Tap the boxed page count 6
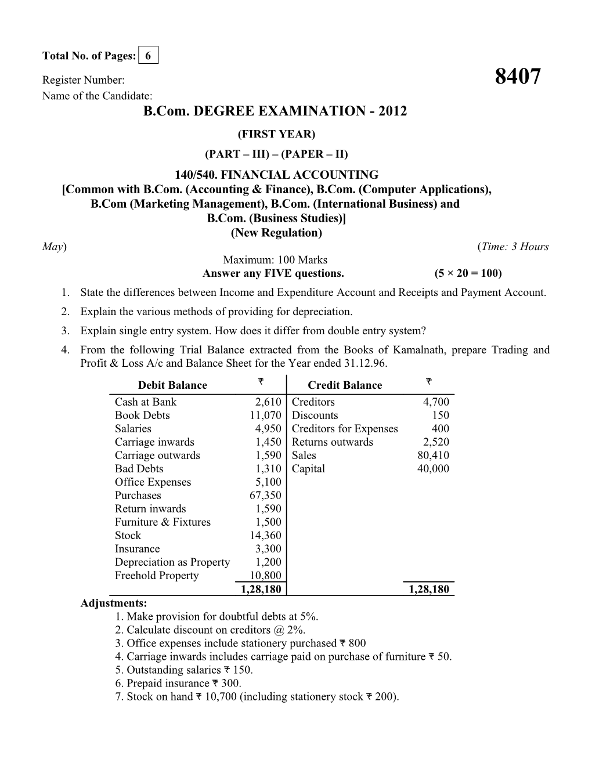tap(149, 56)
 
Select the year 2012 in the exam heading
tap(391, 111)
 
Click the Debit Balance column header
tap(172, 385)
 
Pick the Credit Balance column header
tap(345, 385)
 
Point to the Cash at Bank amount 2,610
tap(268, 402)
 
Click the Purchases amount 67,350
tap(265, 496)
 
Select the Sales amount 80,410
tap(433, 456)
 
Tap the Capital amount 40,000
tap(433, 469)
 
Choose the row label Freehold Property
tap(157, 576)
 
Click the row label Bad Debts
tap(139, 469)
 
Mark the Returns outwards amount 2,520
tap(435, 442)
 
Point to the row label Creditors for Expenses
tap(345, 429)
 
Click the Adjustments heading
tap(113, 603)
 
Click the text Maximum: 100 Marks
tap(275, 260)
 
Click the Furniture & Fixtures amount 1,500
tap(268, 522)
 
